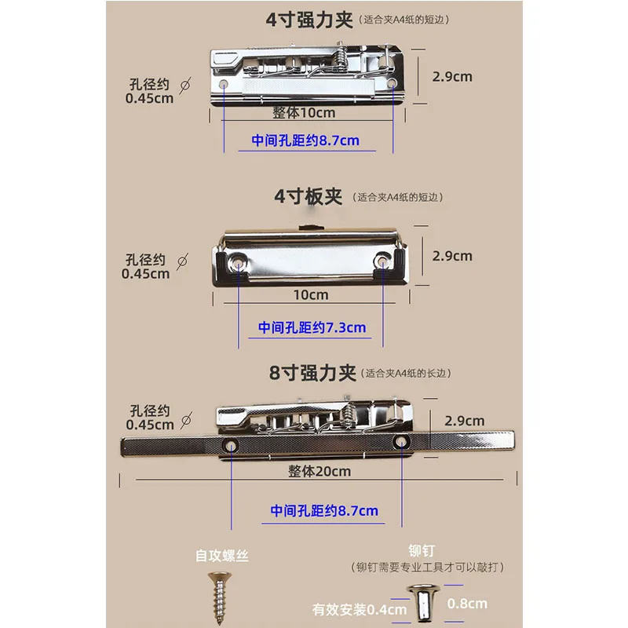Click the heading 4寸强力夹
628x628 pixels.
tap(309, 20)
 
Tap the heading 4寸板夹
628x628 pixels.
tap(308, 197)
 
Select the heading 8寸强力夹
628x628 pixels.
tap(312, 373)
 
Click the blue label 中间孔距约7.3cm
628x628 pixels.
tap(312, 327)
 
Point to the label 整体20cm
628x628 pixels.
tap(319, 472)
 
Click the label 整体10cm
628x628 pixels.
tap(304, 113)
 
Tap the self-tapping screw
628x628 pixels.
tap(220, 597)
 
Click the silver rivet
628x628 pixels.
tap(422, 603)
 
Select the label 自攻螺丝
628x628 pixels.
tap(222, 556)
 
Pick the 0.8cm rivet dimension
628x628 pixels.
tap(467, 604)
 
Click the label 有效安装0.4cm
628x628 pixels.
tap(360, 610)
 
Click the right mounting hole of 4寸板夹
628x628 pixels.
tap(382, 262)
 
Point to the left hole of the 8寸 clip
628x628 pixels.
tap(232, 445)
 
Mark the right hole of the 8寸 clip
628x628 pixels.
tap(401, 442)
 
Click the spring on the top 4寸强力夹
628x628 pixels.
tap(341, 59)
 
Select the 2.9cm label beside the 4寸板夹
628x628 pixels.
tap(452, 256)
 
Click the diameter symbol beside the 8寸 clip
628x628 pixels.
tap(186, 421)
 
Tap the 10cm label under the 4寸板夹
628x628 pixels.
tap(311, 295)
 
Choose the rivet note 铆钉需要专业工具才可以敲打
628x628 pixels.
tap(427, 567)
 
